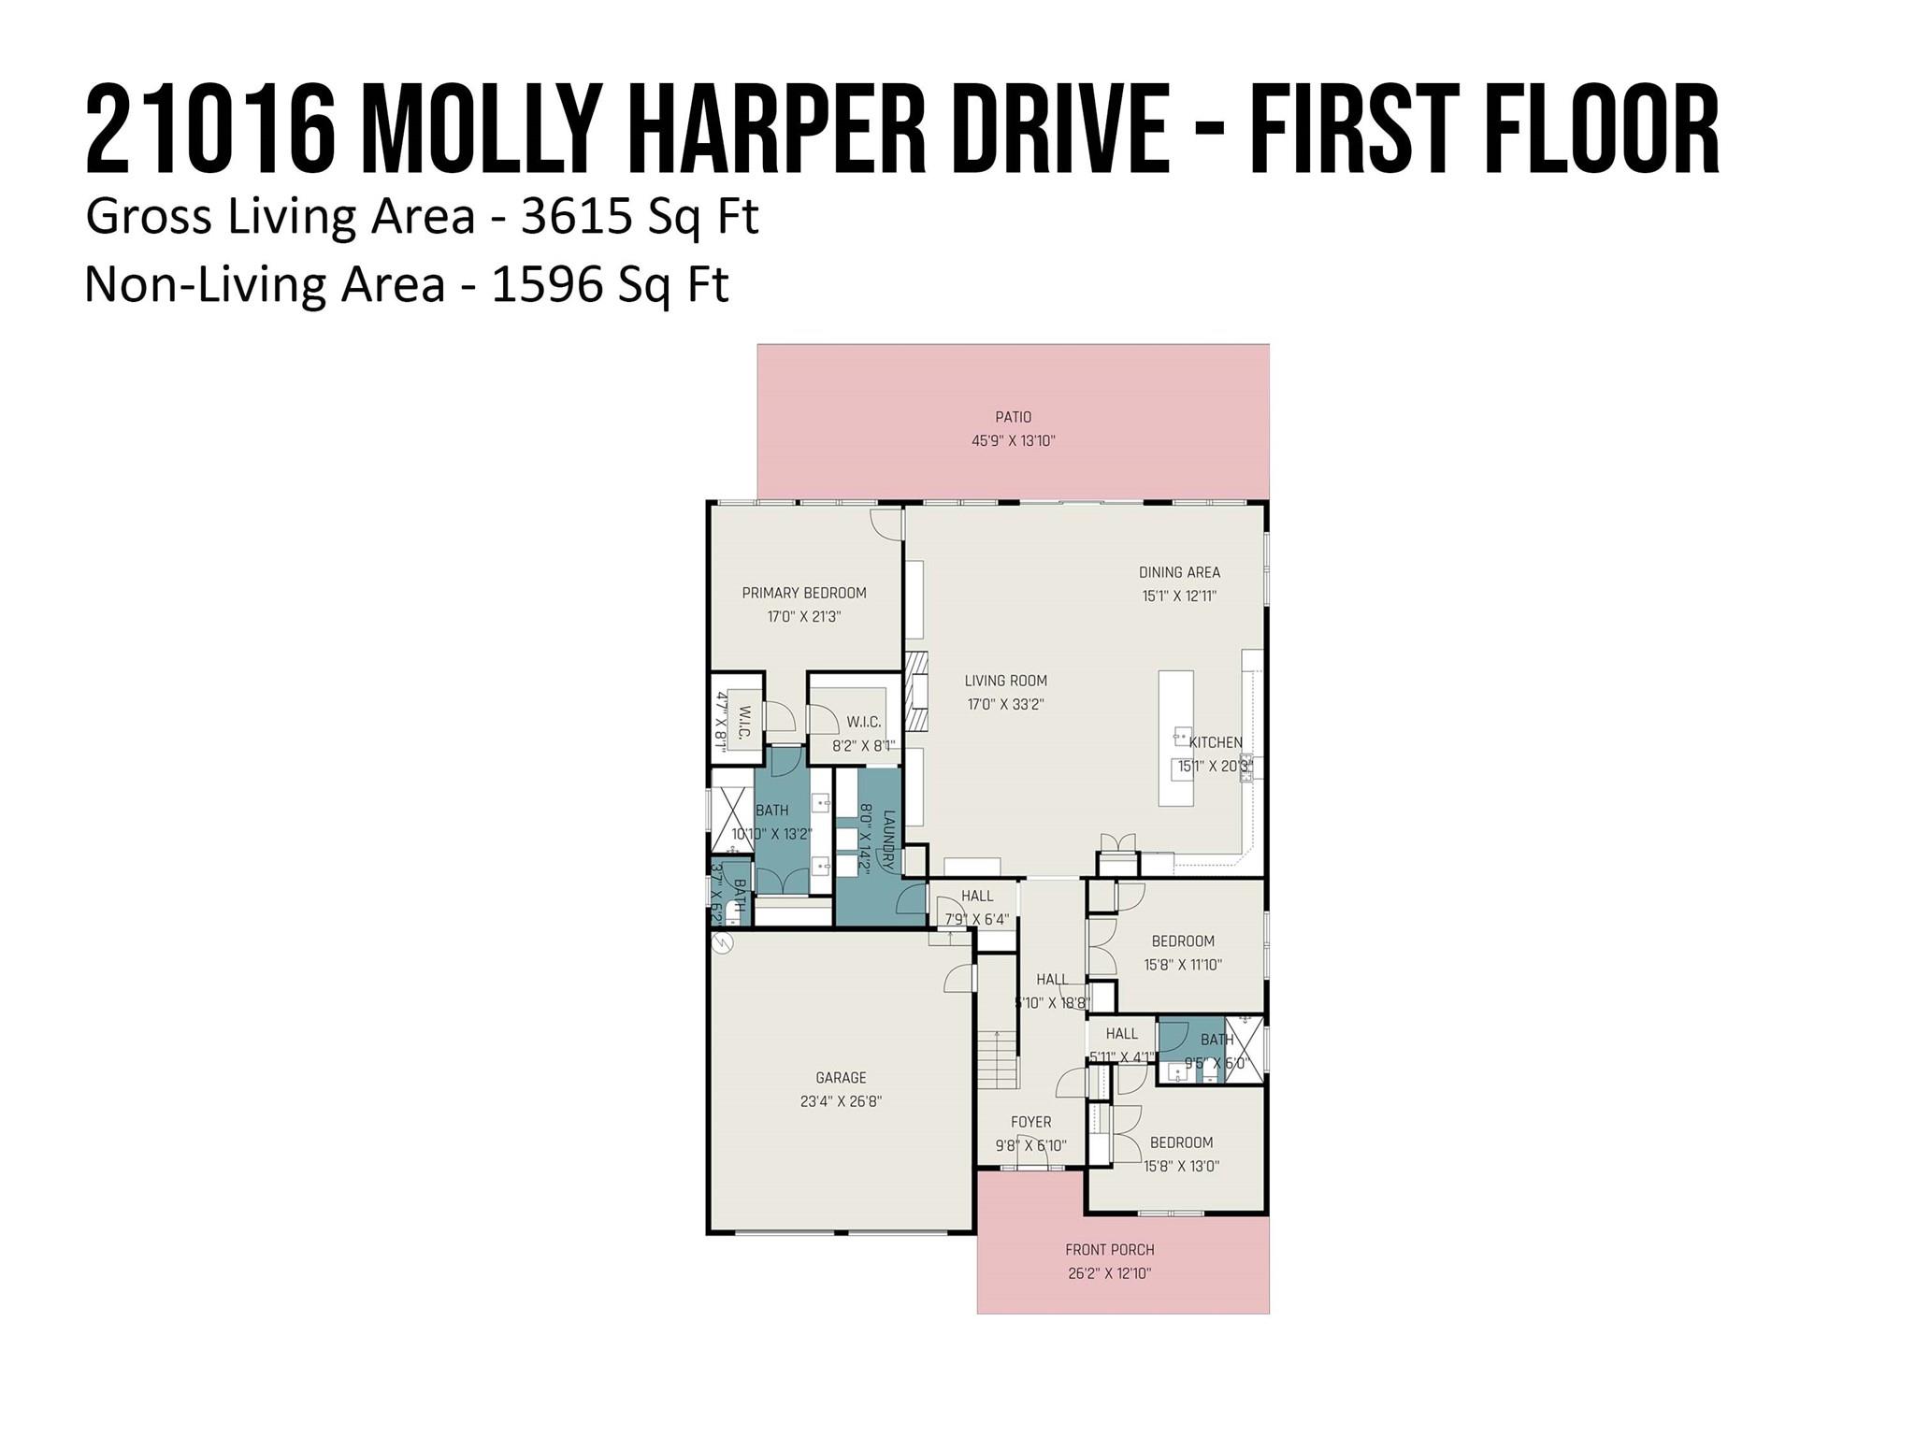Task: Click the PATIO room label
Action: click(1013, 417)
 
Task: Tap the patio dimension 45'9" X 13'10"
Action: click(1013, 441)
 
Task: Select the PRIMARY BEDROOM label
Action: click(804, 593)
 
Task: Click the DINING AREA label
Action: click(1179, 572)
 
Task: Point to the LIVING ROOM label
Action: click(1006, 681)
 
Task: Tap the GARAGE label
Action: click(841, 1078)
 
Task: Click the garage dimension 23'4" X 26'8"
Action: click(841, 1101)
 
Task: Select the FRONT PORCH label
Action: click(1110, 1250)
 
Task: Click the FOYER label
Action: click(1030, 1122)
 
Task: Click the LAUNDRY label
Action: click(888, 841)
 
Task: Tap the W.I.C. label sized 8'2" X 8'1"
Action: click(863, 722)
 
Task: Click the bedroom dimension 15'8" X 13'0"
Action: click(1181, 1166)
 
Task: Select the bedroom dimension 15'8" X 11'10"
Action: click(1183, 965)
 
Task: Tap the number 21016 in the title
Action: click(210, 131)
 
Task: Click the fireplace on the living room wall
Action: click(917, 692)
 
